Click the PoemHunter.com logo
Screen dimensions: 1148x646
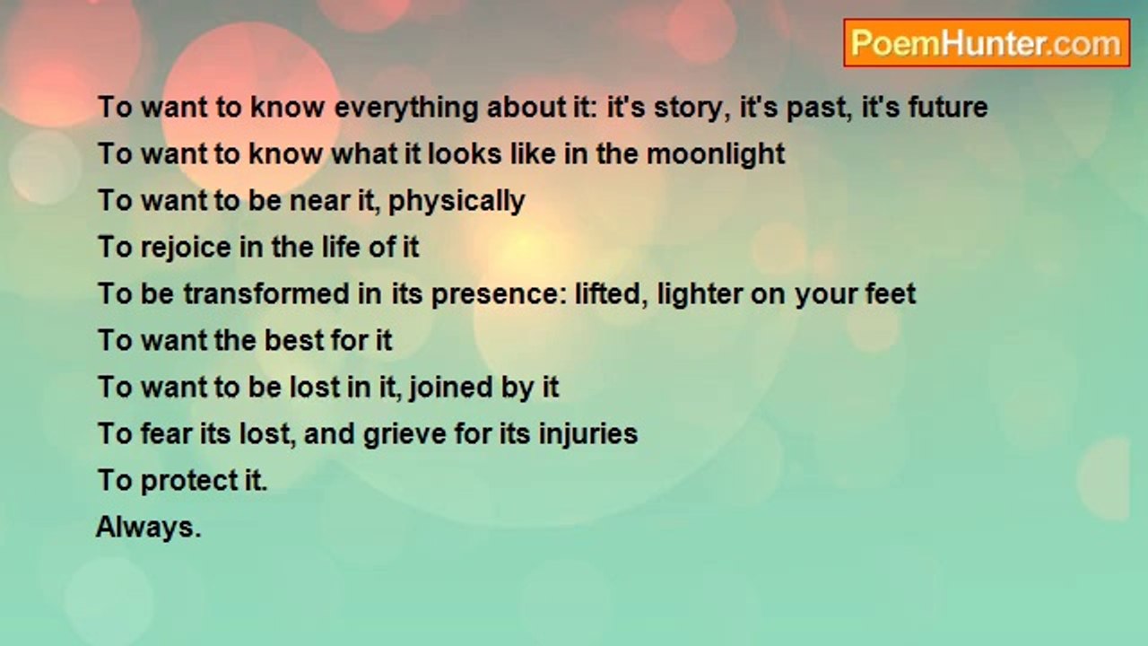pyautogui.click(x=987, y=43)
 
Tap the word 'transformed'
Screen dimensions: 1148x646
pyautogui.click(x=272, y=293)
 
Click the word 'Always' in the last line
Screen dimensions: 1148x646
pyautogui.click(x=145, y=528)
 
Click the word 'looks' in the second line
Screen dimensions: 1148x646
pyautogui.click(x=465, y=153)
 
